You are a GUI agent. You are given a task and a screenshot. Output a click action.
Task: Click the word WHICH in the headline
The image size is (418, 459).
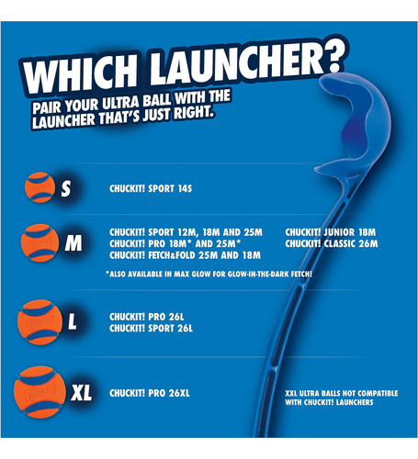click(80, 74)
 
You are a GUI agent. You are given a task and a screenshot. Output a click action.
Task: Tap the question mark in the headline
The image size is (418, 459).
click(332, 56)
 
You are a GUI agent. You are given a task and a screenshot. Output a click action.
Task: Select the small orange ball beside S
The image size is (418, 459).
click(40, 187)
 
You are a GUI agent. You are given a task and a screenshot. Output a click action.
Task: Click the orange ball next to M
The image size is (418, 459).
click(40, 243)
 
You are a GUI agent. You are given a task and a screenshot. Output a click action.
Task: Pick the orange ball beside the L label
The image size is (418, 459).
click(40, 322)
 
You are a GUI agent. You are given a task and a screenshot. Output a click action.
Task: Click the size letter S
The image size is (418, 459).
click(66, 188)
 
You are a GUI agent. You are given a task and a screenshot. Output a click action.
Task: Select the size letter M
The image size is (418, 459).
click(73, 243)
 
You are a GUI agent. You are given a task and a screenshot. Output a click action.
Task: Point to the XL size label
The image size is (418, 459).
click(81, 393)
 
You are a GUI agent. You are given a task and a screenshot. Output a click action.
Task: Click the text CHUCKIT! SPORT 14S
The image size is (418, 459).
click(151, 188)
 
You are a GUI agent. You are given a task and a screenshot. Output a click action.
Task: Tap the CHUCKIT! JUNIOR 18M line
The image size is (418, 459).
click(330, 232)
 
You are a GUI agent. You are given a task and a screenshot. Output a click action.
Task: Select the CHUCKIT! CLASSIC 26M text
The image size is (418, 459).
click(332, 243)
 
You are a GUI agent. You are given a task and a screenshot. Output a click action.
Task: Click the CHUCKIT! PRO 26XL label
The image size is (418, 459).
click(150, 393)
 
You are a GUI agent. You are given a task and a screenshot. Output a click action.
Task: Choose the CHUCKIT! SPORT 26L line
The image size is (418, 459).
click(152, 329)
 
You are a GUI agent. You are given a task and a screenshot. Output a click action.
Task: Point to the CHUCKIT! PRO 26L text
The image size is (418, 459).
click(147, 317)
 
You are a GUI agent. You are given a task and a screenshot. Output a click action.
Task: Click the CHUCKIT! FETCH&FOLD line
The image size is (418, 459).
click(185, 255)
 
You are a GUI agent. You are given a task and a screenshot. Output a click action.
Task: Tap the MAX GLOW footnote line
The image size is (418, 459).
click(209, 274)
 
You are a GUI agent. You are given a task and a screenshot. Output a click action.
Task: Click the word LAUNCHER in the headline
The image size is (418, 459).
click(236, 65)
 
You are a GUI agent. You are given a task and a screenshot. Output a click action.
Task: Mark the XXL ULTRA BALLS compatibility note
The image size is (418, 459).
click(342, 397)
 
